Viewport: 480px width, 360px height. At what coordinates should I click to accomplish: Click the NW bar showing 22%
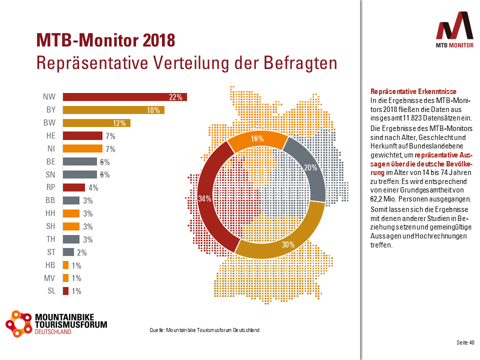(124, 97)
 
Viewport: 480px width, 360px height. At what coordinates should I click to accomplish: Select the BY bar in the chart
(113, 110)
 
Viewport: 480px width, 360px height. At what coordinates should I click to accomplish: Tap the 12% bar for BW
(96, 123)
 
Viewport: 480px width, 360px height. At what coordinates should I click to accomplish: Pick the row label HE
(50, 135)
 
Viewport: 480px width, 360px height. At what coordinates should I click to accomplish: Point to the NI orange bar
(82, 148)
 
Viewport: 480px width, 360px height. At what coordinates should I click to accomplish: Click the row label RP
(50, 187)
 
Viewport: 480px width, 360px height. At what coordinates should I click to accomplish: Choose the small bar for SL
(65, 291)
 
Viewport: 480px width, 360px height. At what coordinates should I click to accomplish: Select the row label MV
(50, 278)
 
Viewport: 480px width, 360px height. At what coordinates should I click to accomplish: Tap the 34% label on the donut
(204, 198)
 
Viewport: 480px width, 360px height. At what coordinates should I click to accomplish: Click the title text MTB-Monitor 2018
(105, 40)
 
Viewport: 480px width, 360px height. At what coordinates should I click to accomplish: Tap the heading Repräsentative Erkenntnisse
(413, 91)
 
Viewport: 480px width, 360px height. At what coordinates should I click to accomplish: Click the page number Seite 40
(465, 342)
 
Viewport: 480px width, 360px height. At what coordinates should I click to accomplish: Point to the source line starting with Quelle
(204, 330)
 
